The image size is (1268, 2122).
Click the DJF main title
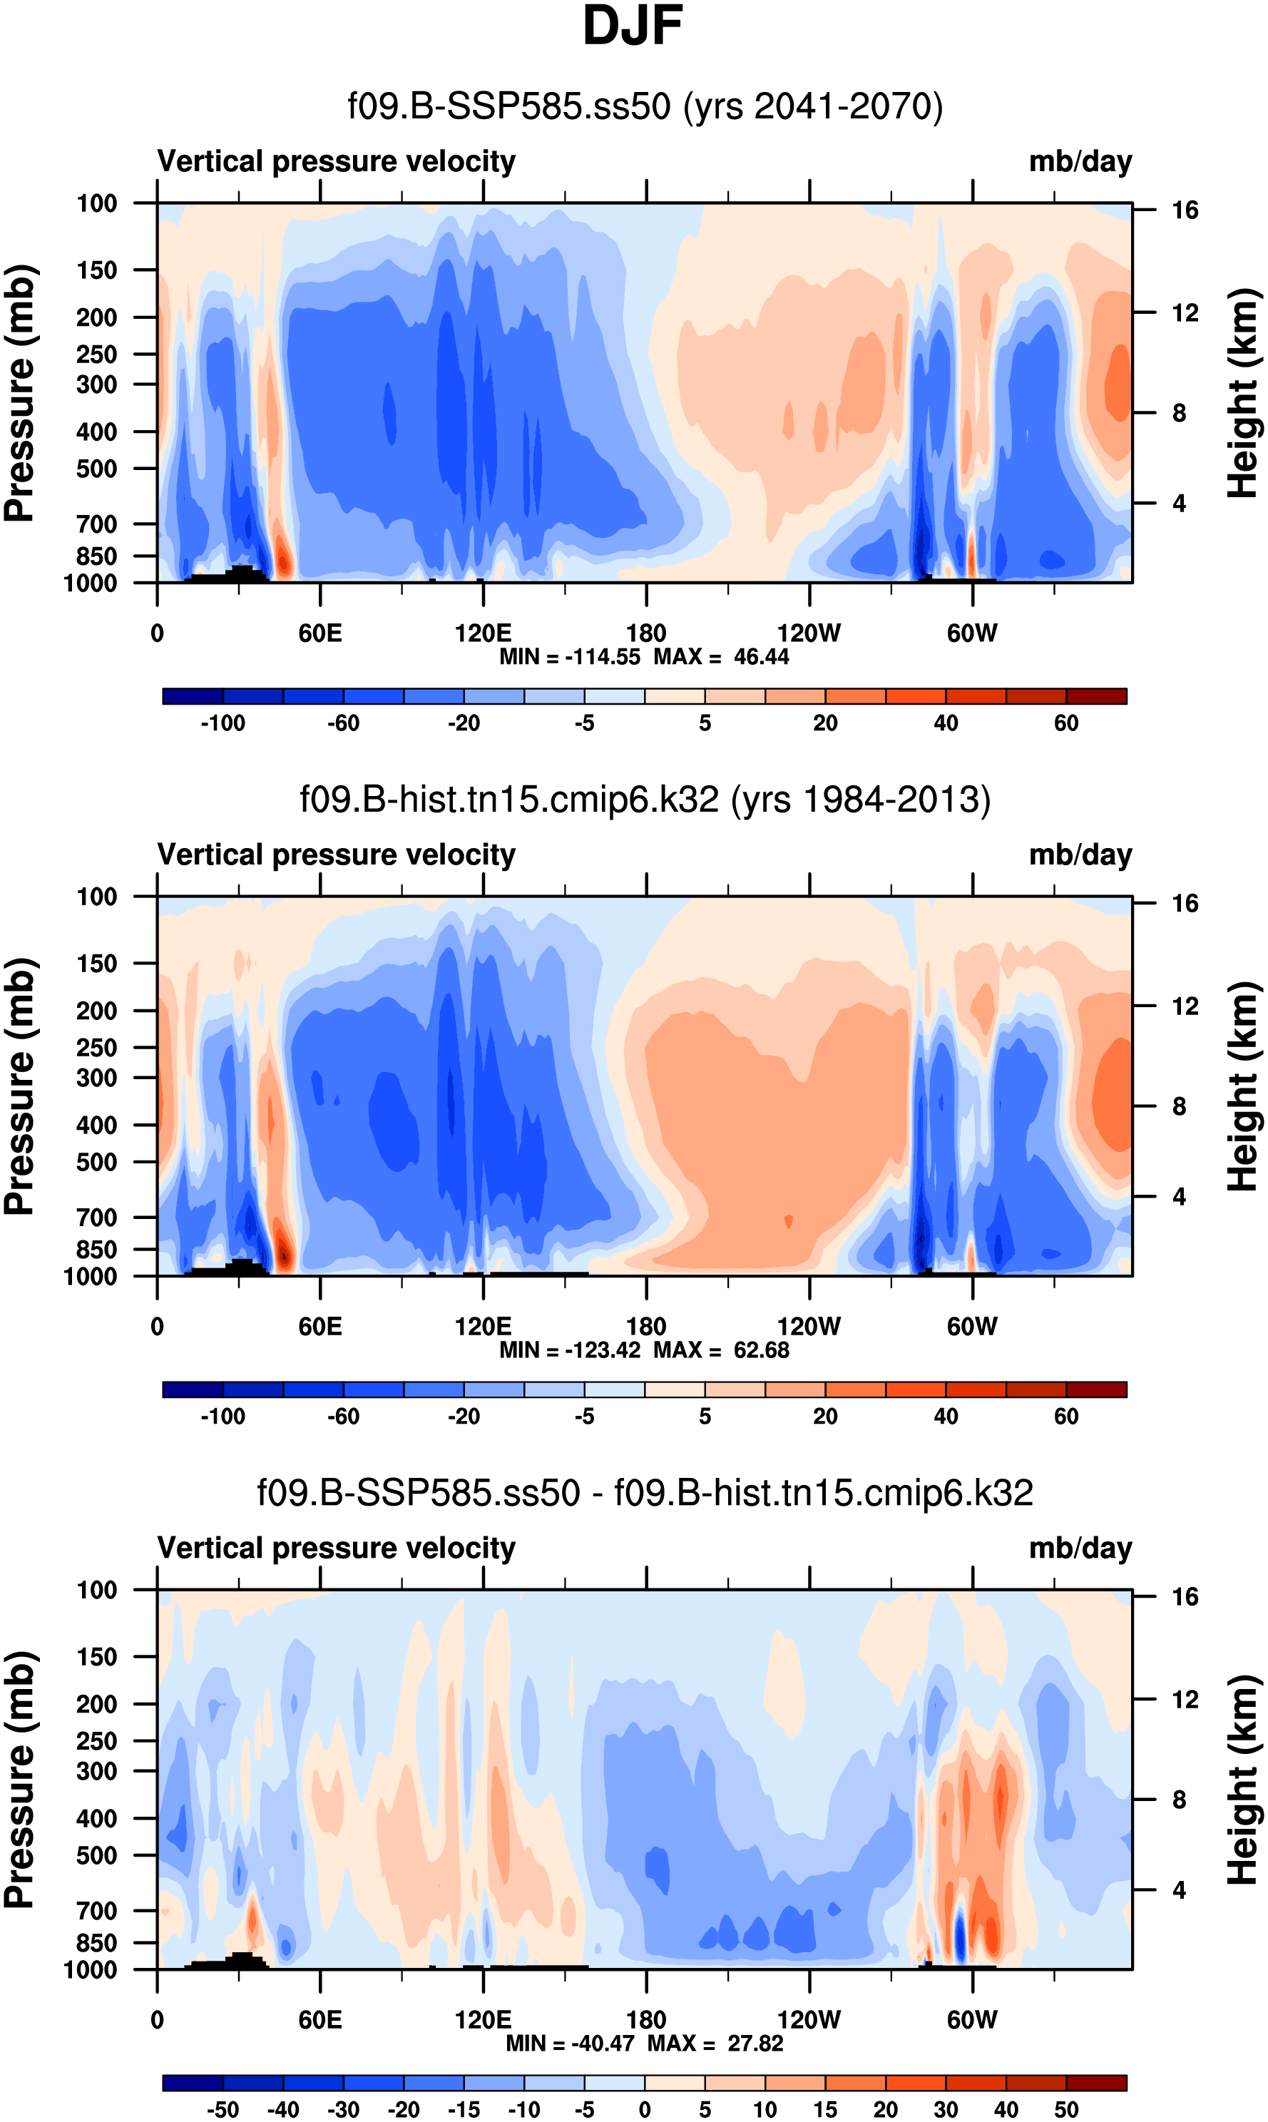pyautogui.click(x=633, y=26)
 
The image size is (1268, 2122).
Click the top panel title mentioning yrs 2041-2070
pyautogui.click(x=645, y=107)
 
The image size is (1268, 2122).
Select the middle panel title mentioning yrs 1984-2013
pyautogui.click(x=645, y=800)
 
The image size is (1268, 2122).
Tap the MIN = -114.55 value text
pyautogui.click(x=569, y=657)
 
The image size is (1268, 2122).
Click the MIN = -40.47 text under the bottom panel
pyautogui.click(x=573, y=2044)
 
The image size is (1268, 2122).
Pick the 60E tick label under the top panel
pyautogui.click(x=320, y=633)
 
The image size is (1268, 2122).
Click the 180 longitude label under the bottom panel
pyautogui.click(x=646, y=2019)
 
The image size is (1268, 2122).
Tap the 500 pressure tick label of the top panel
pyautogui.click(x=96, y=469)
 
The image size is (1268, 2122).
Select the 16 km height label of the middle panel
pyautogui.click(x=1185, y=903)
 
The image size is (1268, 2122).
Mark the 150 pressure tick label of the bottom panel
pyautogui.click(x=96, y=1656)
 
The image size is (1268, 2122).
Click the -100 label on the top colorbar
pyautogui.click(x=223, y=724)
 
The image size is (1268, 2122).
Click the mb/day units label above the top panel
pyautogui.click(x=1080, y=161)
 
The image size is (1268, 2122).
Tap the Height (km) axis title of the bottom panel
pyautogui.click(x=1244, y=1780)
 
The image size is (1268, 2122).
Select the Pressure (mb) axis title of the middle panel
pyautogui.click(x=19, y=1086)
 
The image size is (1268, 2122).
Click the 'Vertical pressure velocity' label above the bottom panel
pyautogui.click(x=337, y=1549)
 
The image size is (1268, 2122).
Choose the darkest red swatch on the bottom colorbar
pyautogui.click(x=1096, y=2083)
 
